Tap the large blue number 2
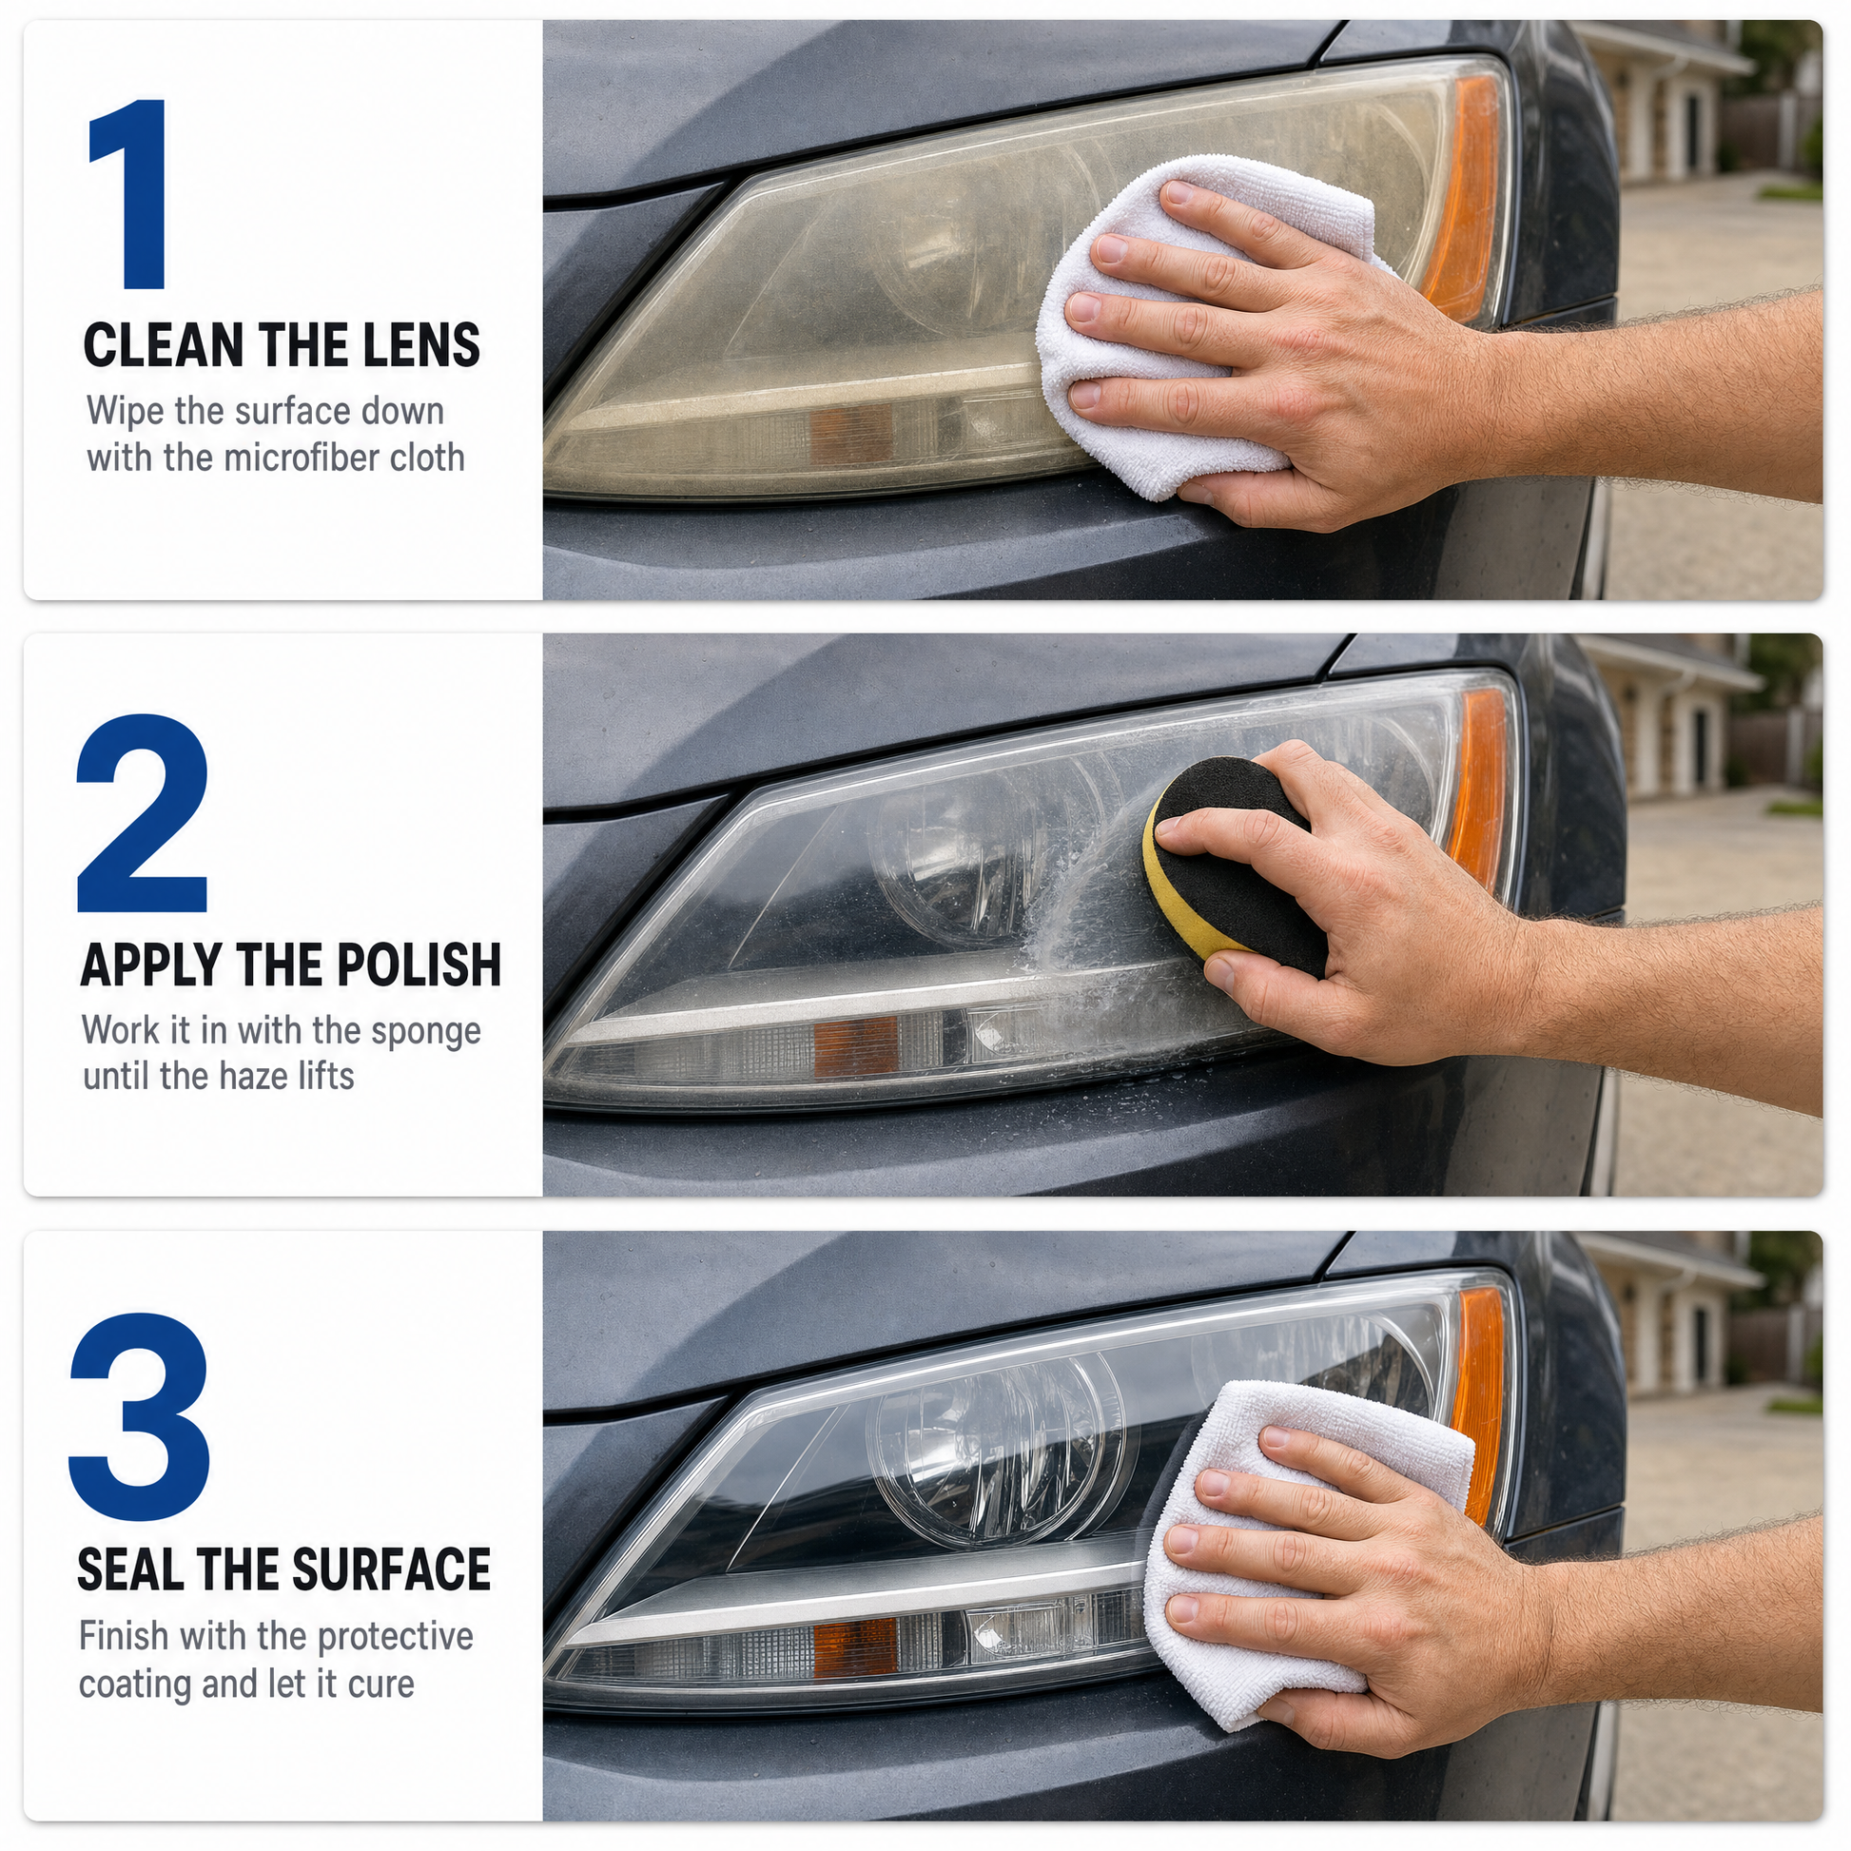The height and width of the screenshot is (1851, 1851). [143, 812]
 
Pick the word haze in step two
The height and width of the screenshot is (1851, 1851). [251, 1076]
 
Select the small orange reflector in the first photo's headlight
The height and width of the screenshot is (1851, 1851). [852, 436]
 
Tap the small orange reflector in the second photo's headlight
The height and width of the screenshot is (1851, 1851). [855, 1046]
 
